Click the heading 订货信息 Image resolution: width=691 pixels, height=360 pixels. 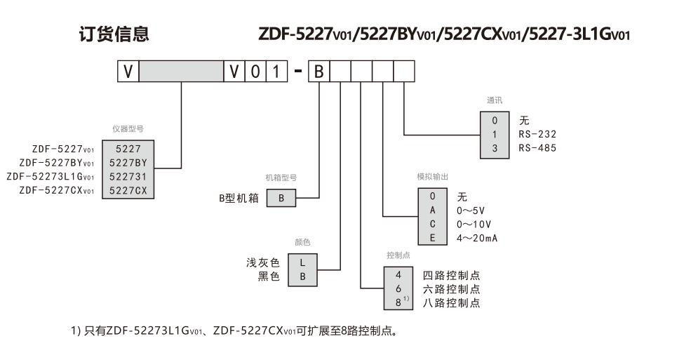[113, 34]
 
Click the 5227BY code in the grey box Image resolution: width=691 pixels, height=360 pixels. [128, 162]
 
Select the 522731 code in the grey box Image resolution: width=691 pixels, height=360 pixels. [128, 176]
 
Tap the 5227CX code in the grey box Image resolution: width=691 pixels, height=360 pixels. [128, 190]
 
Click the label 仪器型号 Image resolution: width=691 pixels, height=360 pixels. [128, 129]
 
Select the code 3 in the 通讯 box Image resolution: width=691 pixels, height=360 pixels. [495, 148]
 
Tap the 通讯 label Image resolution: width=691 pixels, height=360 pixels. [495, 100]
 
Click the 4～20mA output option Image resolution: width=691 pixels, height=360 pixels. [478, 238]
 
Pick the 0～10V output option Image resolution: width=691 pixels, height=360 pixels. [474, 224]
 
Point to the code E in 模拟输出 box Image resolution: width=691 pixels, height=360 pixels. [433, 238]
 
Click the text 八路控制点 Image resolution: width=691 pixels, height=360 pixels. [451, 303]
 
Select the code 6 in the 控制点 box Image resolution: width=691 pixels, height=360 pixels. [398, 289]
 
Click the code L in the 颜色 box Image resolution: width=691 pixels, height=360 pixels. [303, 262]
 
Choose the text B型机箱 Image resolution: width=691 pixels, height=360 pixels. [238, 199]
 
